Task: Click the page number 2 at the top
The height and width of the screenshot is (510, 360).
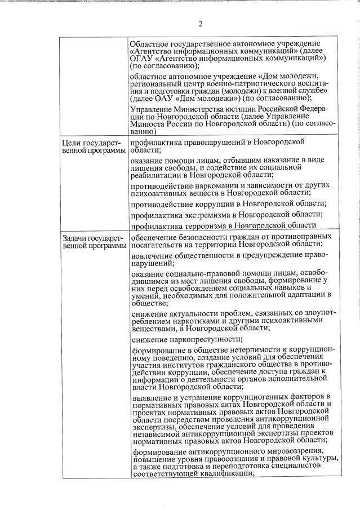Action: (200, 24)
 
